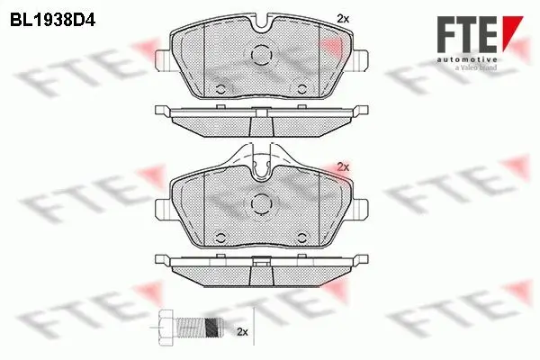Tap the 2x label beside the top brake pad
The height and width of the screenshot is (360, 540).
[343, 18]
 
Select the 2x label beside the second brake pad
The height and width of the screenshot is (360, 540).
[343, 166]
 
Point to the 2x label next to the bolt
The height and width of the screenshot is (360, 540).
[240, 332]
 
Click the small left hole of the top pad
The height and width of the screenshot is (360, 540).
[220, 88]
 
